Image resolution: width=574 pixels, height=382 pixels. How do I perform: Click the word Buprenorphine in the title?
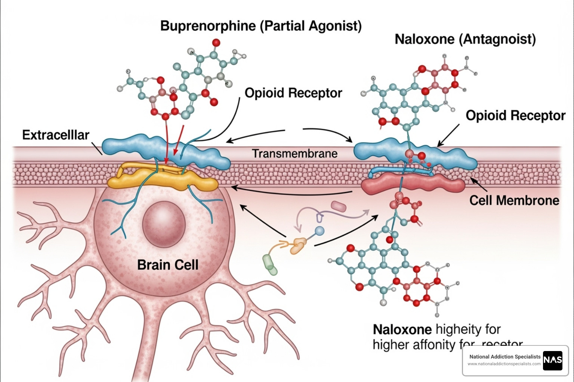[208, 26]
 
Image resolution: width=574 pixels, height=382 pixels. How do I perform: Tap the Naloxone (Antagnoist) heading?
[465, 39]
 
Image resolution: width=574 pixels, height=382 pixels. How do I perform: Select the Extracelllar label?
[56, 135]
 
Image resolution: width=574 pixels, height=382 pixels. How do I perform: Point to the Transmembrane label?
[294, 154]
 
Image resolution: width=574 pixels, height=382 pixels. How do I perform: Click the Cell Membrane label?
[514, 201]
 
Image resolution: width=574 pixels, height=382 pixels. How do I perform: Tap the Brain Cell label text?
[168, 265]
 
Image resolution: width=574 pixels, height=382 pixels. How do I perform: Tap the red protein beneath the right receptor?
[413, 185]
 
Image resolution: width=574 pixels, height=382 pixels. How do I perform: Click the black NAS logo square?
[552, 360]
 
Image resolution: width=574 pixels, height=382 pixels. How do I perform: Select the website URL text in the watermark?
[504, 364]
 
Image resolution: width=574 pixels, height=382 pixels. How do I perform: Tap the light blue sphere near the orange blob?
[319, 231]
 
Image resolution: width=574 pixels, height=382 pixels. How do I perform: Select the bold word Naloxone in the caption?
[402, 330]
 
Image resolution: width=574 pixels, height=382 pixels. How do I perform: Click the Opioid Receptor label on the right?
[515, 116]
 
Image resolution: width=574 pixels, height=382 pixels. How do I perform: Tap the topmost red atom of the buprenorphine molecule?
[216, 43]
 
